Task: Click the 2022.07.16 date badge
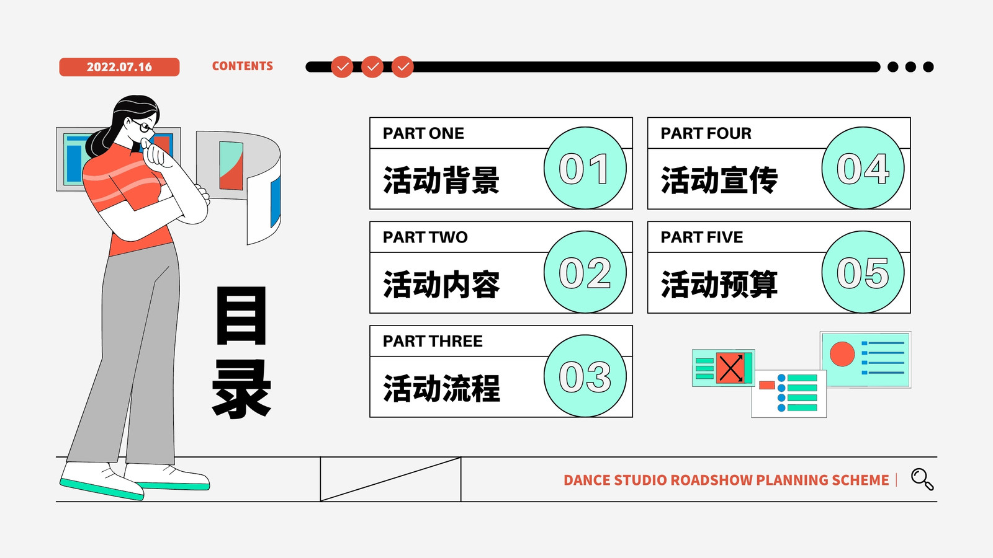pyautogui.click(x=119, y=67)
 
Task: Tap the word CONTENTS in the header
pyautogui.click(x=243, y=66)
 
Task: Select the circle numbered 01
pyautogui.click(x=585, y=168)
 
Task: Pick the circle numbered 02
pyautogui.click(x=585, y=272)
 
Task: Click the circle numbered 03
pyautogui.click(x=585, y=376)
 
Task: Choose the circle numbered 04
pyautogui.click(x=863, y=168)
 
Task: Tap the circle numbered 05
pyautogui.click(x=863, y=272)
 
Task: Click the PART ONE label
pyautogui.click(x=423, y=133)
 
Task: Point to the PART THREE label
pyautogui.click(x=433, y=341)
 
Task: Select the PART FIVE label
pyautogui.click(x=702, y=237)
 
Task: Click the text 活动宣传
pyautogui.click(x=719, y=180)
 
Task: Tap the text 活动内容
pyautogui.click(x=441, y=285)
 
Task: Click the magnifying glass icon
pyautogui.click(x=922, y=479)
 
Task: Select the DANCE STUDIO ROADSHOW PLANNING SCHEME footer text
pyautogui.click(x=726, y=480)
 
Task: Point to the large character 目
pyautogui.click(x=241, y=315)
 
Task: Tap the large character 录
pyautogui.click(x=241, y=388)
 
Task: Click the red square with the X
pyautogui.click(x=730, y=368)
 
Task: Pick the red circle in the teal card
pyautogui.click(x=842, y=354)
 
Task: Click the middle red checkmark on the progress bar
pyautogui.click(x=372, y=67)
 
